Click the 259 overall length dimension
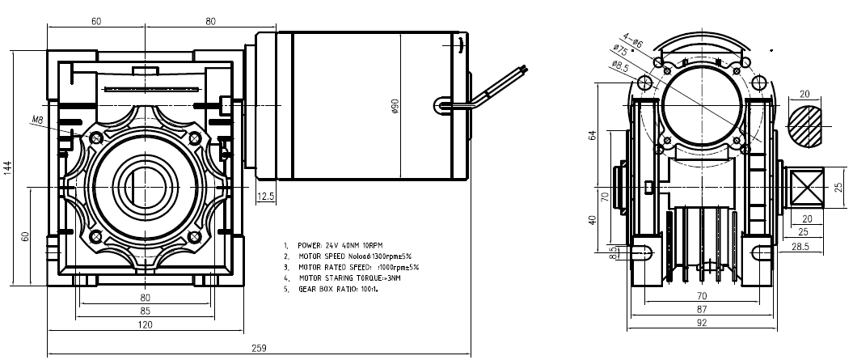259,348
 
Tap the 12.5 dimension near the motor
265,197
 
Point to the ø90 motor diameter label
395,106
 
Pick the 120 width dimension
145,324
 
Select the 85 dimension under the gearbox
145,311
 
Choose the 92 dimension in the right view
702,323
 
